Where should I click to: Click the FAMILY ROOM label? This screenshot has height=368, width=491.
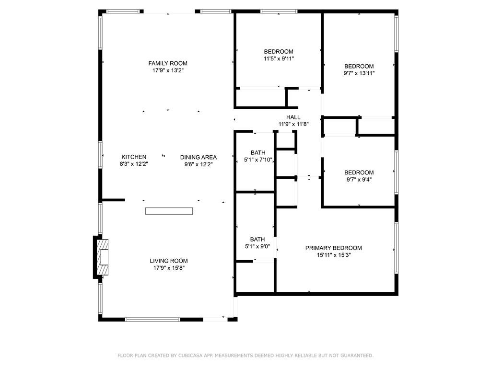(x=168, y=63)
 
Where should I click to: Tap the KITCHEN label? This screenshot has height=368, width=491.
(x=134, y=157)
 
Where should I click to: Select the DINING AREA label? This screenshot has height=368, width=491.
(x=199, y=157)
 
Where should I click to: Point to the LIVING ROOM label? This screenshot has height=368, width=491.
(x=169, y=261)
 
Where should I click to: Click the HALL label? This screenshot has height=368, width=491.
(x=293, y=117)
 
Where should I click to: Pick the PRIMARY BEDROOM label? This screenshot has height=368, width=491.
(x=334, y=248)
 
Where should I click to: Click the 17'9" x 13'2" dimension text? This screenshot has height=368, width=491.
(x=168, y=70)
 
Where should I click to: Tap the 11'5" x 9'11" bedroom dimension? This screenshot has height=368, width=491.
(x=279, y=58)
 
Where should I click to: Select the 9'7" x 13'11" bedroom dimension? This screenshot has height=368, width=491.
(x=359, y=73)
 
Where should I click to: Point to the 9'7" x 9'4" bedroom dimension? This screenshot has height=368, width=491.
(x=359, y=180)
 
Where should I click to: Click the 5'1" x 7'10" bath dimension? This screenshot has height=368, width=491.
(x=258, y=160)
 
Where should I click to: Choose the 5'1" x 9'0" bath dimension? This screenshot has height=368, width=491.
(x=257, y=246)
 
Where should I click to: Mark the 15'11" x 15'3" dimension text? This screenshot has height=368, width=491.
(x=334, y=255)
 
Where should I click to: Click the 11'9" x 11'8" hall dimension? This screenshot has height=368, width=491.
(x=294, y=124)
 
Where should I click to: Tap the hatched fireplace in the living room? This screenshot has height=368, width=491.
(x=103, y=257)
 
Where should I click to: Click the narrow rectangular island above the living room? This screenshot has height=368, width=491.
(x=169, y=211)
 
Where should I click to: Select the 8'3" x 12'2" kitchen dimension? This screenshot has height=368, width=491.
(x=134, y=164)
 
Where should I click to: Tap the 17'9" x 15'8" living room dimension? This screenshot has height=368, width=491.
(x=169, y=268)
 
